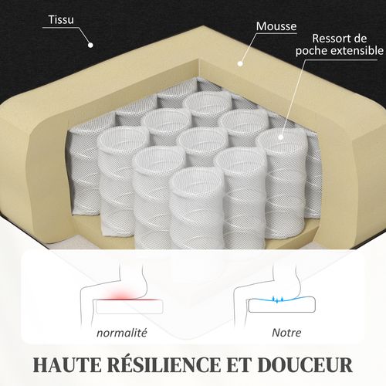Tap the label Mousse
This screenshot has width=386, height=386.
pyautogui.click(x=276, y=25)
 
